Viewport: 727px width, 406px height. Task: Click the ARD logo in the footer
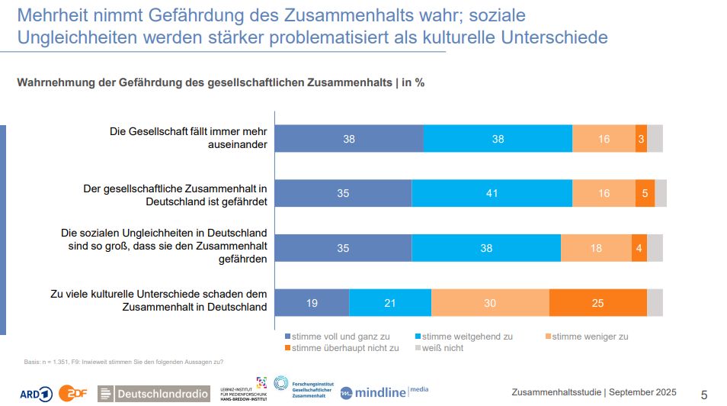point(36,394)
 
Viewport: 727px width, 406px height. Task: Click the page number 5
point(704,395)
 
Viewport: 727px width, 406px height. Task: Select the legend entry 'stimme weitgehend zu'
point(463,336)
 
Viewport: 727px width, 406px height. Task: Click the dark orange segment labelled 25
point(597,303)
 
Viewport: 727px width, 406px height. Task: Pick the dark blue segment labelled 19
point(312,303)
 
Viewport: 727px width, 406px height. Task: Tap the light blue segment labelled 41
point(492,194)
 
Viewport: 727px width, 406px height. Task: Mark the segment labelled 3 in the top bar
point(641,139)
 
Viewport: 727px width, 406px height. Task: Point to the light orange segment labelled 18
point(596,248)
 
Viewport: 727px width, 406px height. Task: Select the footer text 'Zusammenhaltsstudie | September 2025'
point(594,392)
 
